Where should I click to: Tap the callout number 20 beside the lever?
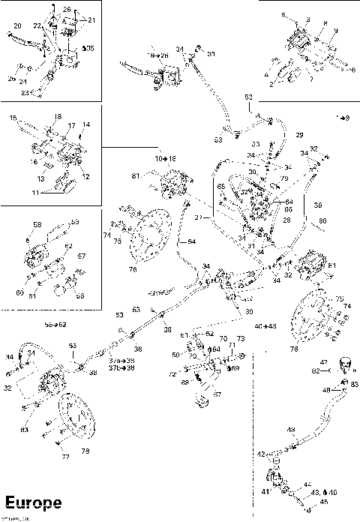tap(16, 27)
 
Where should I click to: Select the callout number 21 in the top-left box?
tap(91, 19)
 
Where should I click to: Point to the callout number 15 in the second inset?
tap(13, 118)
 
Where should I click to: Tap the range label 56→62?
tap(55, 325)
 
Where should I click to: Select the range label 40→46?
tap(265, 326)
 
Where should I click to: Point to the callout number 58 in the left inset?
tap(37, 224)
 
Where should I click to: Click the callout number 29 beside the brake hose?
tap(299, 135)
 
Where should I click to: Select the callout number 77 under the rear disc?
tap(65, 456)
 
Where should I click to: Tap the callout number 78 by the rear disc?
tap(85, 450)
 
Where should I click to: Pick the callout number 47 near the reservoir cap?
tap(323, 361)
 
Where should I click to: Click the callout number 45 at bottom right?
tap(324, 502)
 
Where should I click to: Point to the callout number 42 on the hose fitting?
tap(262, 454)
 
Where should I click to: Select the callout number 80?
tap(323, 220)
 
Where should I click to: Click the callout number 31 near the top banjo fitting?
tap(211, 53)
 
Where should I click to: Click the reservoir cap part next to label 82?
tap(346, 365)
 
